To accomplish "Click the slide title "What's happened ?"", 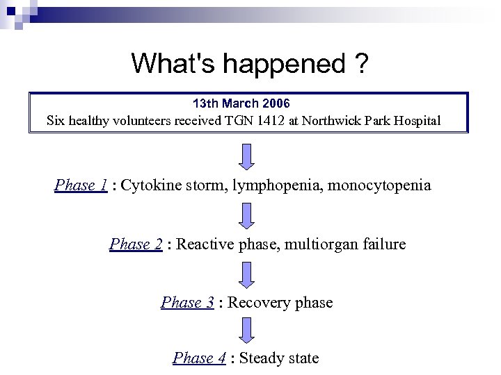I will (x=250, y=64).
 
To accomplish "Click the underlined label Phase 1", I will (x=81, y=185).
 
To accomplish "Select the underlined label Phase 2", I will (x=136, y=244).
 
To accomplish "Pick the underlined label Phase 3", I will (x=186, y=303).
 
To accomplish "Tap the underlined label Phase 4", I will (x=199, y=358).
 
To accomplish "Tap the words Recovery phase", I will (x=280, y=303).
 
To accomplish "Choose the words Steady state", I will (x=279, y=358).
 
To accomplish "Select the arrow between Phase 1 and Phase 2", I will (x=247, y=215).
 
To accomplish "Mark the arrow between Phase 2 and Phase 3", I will (x=247, y=274).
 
